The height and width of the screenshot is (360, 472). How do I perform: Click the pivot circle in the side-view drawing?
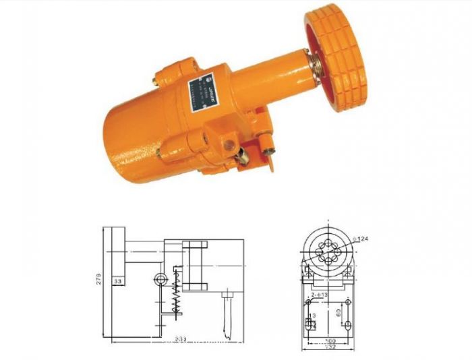pyautogui.click(x=160, y=280)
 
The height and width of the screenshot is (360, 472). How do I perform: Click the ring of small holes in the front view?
pyautogui.click(x=326, y=250)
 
